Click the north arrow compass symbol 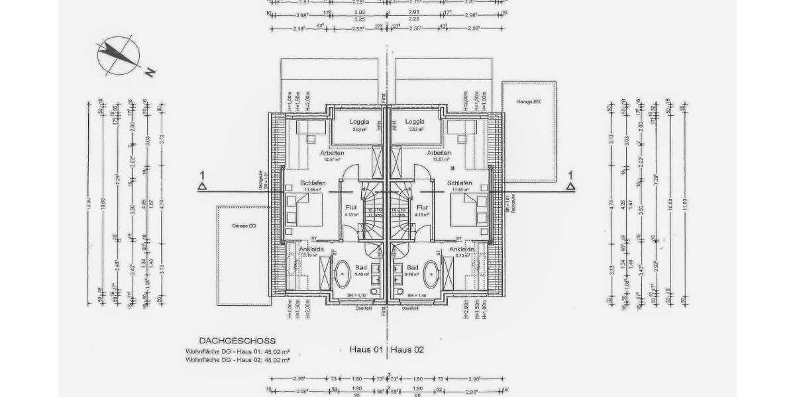tap(117, 55)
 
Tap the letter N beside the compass tap(150, 72)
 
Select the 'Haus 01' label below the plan tap(366, 349)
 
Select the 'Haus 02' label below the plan tap(408, 349)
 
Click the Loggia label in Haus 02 tap(415, 122)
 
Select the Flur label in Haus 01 tap(351, 207)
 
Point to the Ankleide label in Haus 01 tap(311, 249)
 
